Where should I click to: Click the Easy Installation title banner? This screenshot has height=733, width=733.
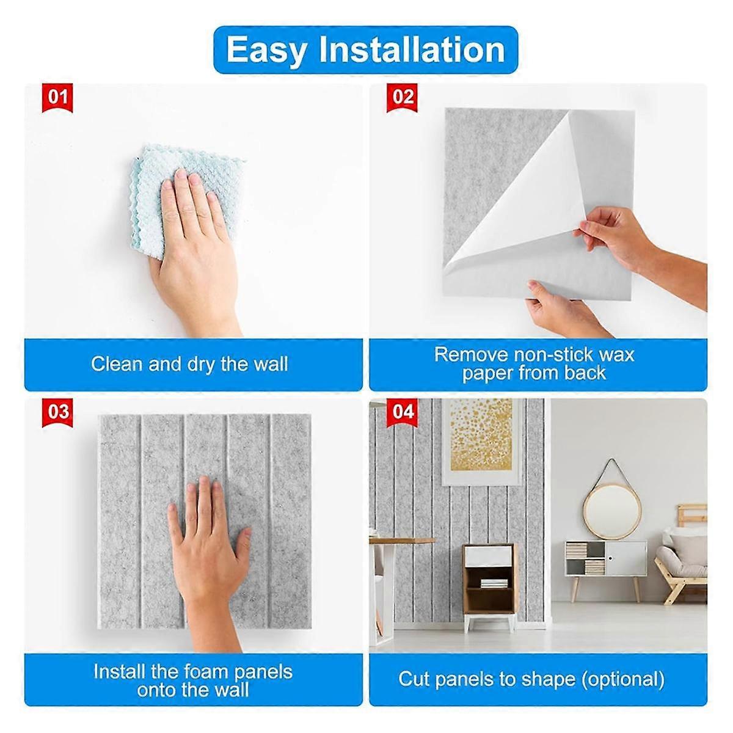pyautogui.click(x=365, y=50)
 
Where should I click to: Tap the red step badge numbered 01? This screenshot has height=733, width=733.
pyautogui.click(x=58, y=98)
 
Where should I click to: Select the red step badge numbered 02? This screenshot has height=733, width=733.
pyautogui.click(x=403, y=98)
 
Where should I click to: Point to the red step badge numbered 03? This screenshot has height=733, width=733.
pyautogui.click(x=58, y=412)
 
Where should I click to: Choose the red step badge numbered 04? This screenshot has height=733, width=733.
pyautogui.click(x=403, y=412)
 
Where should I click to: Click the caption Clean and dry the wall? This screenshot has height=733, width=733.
pyautogui.click(x=189, y=365)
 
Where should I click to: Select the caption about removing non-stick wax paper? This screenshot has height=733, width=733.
pyautogui.click(x=534, y=363)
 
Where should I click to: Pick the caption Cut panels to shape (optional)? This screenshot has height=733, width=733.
pyautogui.click(x=531, y=679)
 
